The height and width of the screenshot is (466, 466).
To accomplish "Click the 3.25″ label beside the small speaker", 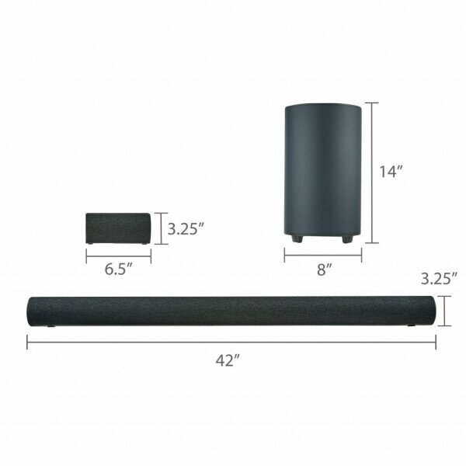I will [186, 229].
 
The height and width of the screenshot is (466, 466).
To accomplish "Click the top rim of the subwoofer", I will [322, 107].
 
